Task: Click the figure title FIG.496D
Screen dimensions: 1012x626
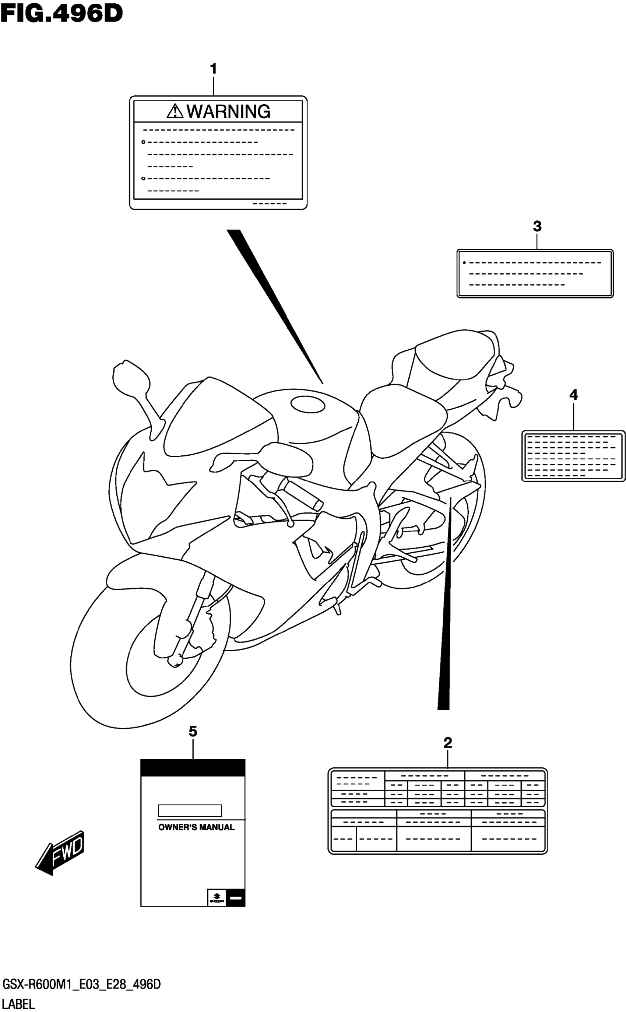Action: pyautogui.click(x=61, y=13)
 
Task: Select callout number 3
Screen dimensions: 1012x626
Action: pyautogui.click(x=537, y=227)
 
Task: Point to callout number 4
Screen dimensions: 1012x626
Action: pyautogui.click(x=573, y=395)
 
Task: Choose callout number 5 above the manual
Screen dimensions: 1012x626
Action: pyautogui.click(x=193, y=732)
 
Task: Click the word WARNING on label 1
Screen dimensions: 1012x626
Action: pyautogui.click(x=228, y=112)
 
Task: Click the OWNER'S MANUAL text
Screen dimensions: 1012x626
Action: pyautogui.click(x=196, y=827)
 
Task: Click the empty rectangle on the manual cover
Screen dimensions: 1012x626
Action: pyautogui.click(x=190, y=810)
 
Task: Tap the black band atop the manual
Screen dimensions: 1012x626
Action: pyautogui.click(x=193, y=768)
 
